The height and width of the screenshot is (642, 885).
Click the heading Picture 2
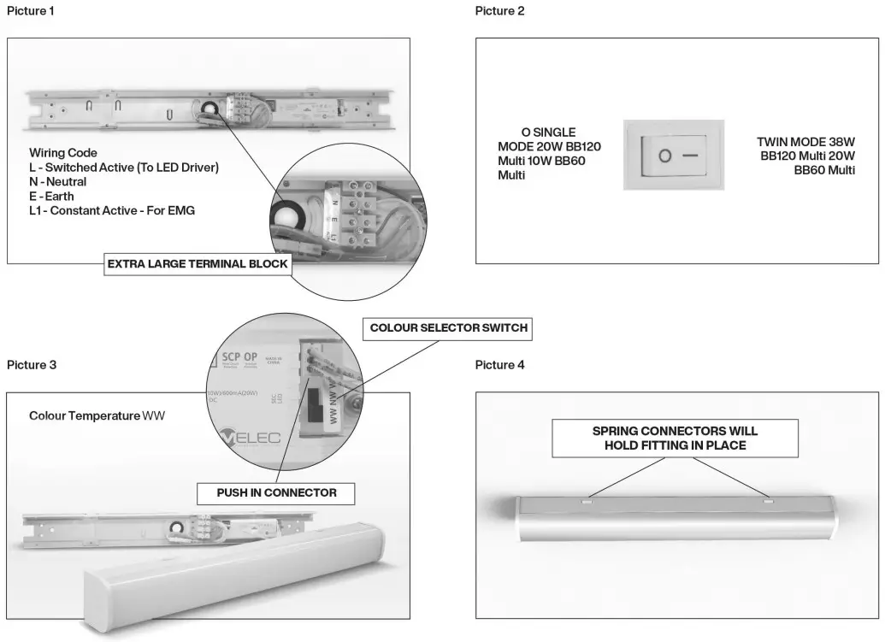point(500,10)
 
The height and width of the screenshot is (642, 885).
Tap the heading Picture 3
point(32,365)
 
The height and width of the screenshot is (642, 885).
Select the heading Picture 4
point(500,365)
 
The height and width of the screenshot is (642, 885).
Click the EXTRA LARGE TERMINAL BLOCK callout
point(197,265)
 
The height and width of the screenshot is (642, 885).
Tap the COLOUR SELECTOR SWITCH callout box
point(448,328)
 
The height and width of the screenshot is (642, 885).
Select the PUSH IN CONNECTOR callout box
point(274,493)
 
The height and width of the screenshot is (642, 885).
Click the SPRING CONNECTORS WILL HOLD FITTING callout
point(675,439)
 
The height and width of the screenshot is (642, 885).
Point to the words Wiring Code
point(62,154)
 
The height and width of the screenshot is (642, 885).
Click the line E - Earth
point(51,197)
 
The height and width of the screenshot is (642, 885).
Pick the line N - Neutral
point(57,182)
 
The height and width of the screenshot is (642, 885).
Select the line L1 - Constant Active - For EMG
point(112,210)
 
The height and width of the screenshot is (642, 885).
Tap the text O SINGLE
point(548,133)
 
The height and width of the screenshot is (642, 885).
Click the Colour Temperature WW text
point(97,415)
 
